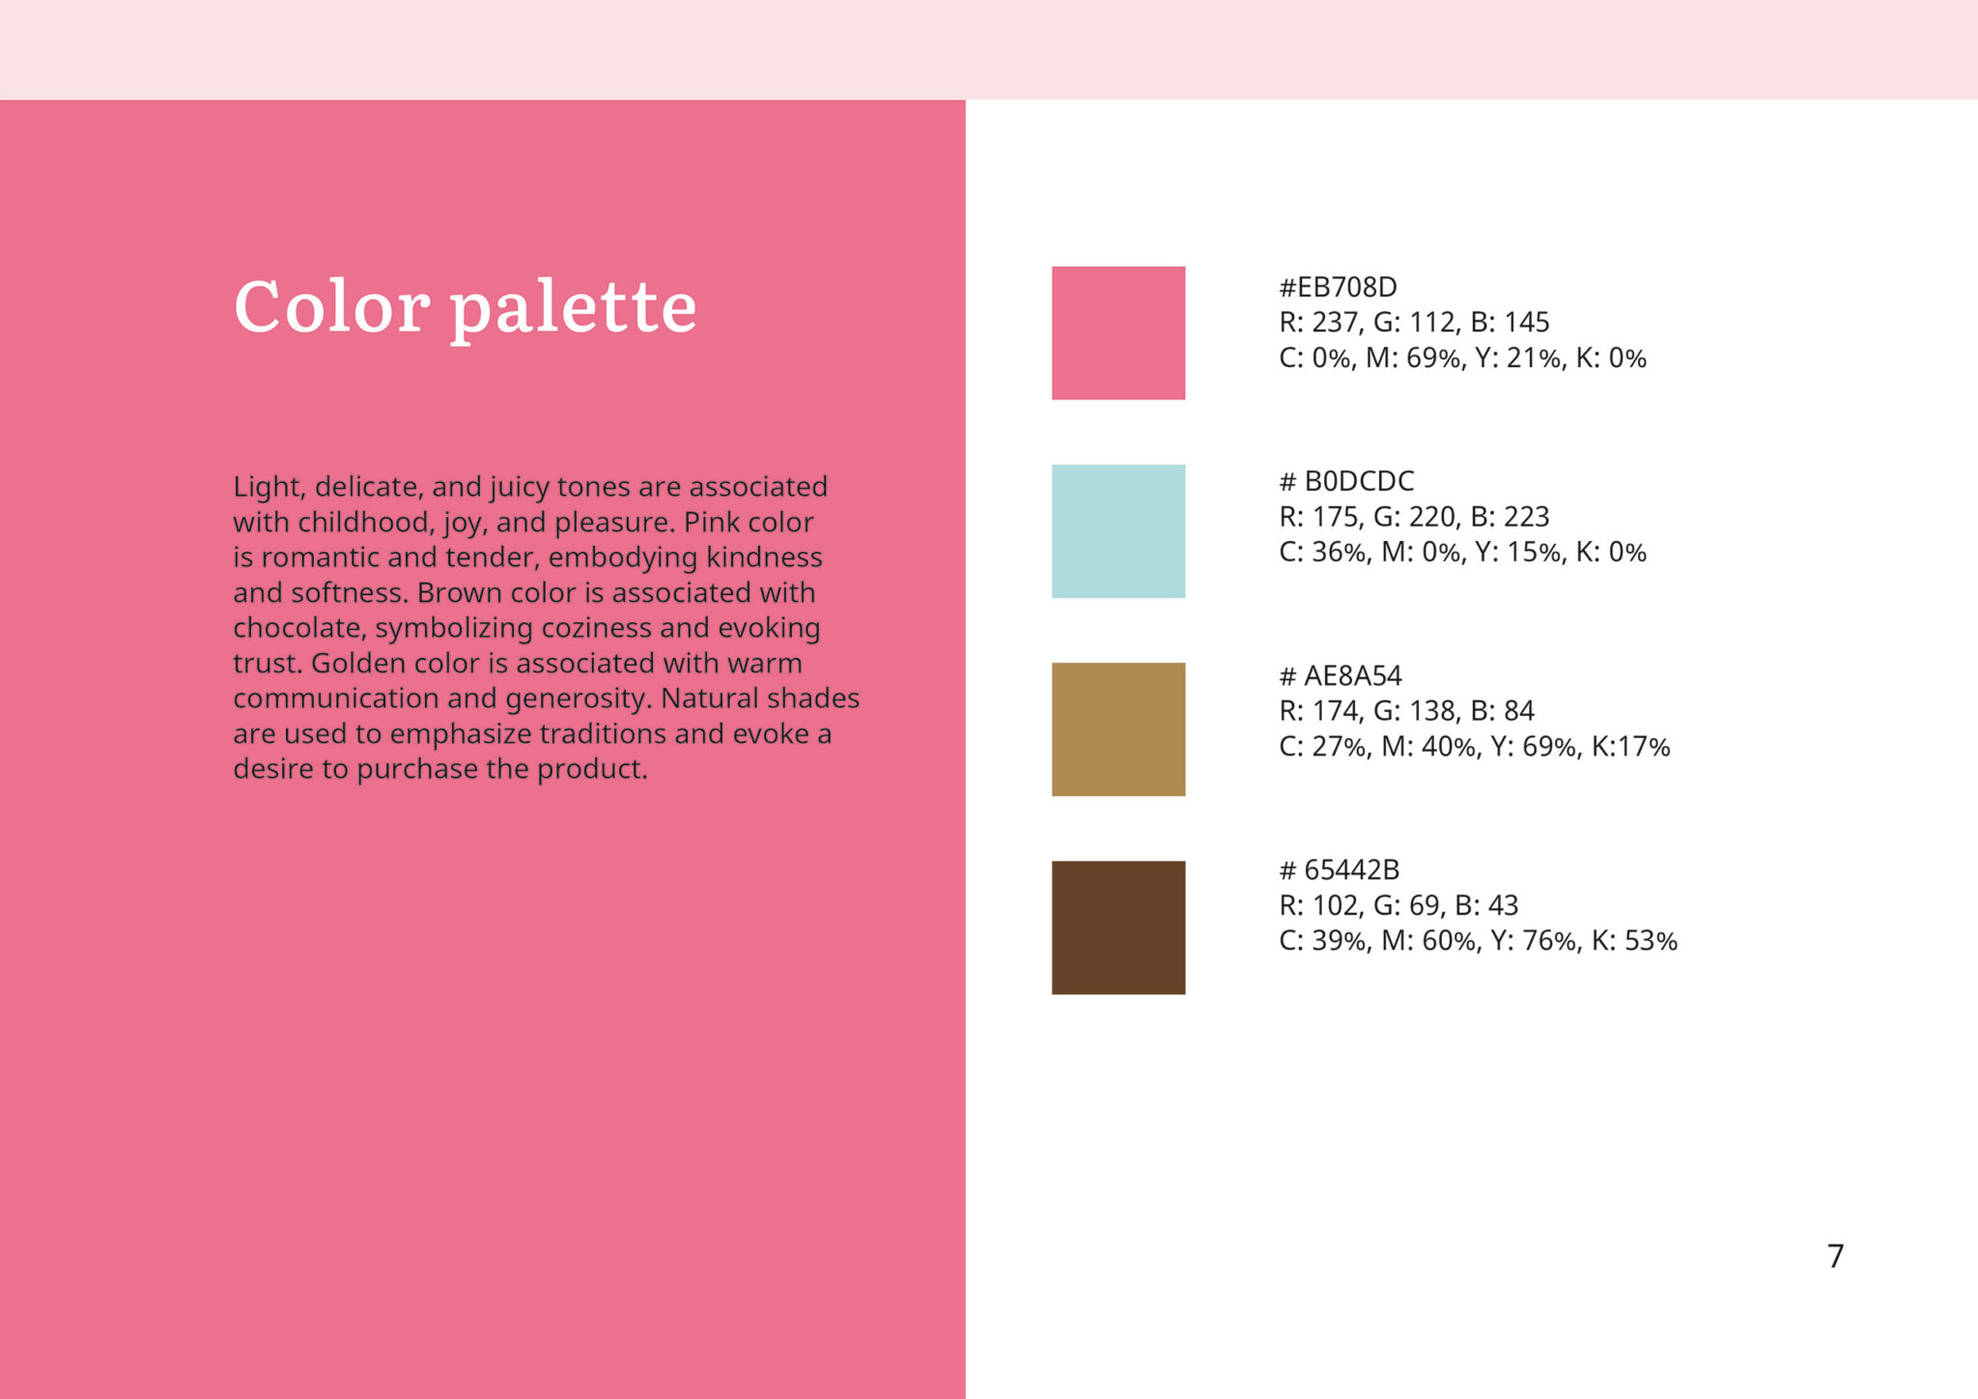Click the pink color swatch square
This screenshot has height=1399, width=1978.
tap(1118, 333)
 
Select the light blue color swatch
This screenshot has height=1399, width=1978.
tap(1118, 531)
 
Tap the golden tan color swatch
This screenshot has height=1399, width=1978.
tap(1118, 729)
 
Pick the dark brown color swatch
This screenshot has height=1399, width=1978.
tap(1118, 928)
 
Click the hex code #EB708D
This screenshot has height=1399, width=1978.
tap(1338, 287)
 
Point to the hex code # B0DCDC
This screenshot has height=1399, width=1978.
tap(1346, 481)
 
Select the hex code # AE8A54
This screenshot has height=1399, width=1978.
tap(1341, 675)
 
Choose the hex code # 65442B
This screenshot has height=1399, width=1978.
tap(1340, 870)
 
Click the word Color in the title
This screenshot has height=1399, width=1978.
tap(332, 307)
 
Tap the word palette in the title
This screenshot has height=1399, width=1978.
tap(574, 310)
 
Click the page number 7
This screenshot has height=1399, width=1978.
tap(1836, 1256)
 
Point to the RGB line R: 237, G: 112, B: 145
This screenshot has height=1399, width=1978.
tap(1414, 323)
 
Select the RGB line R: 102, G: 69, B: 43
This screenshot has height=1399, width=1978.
tap(1399, 905)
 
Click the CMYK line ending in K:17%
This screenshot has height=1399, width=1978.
tap(1475, 747)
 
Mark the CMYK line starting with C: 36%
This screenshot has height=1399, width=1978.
tap(1462, 553)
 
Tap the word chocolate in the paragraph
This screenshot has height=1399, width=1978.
tap(299, 628)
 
